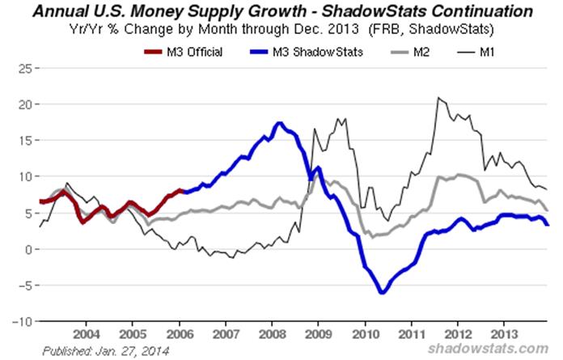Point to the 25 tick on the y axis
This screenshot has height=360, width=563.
[23, 69]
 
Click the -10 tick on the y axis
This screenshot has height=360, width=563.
[21, 321]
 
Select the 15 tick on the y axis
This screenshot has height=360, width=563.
[23, 141]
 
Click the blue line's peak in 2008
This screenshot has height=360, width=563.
[279, 124]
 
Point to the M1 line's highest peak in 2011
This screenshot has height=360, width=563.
[438, 98]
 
